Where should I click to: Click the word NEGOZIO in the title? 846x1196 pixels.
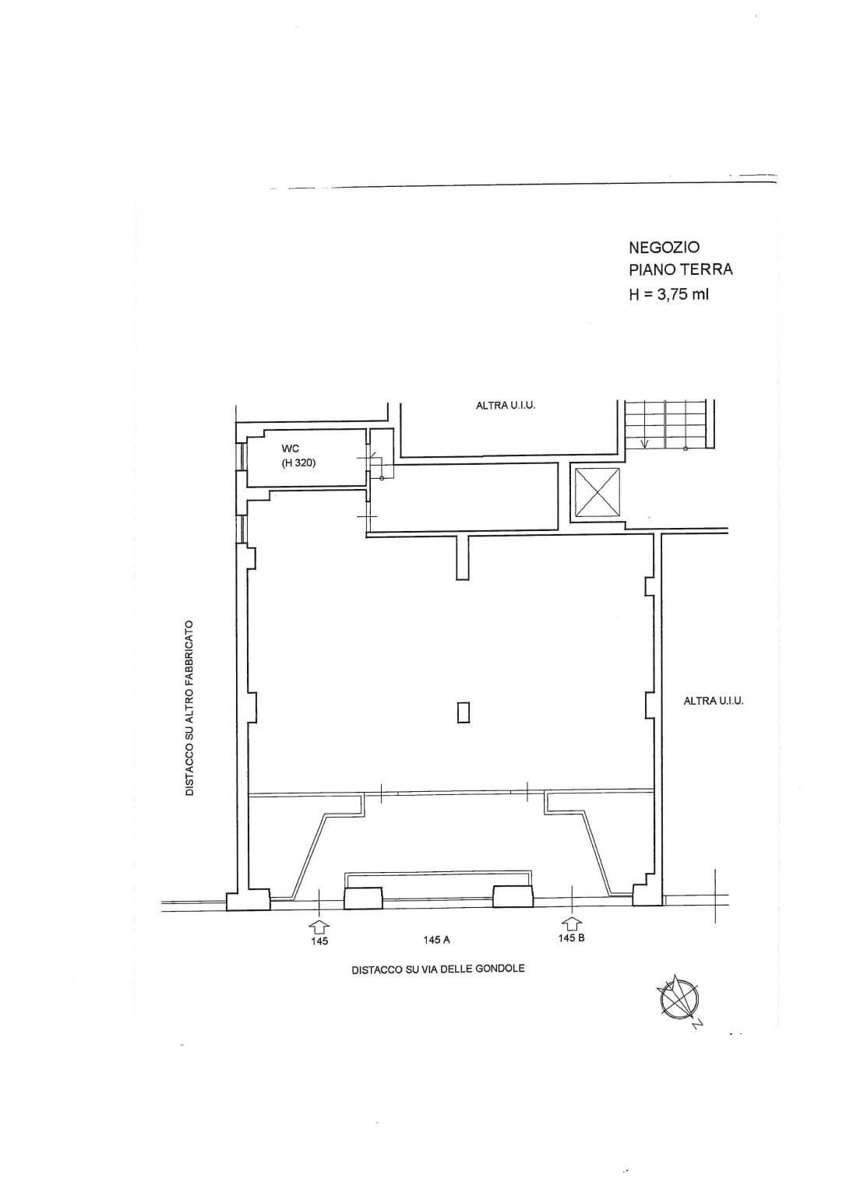click(664, 247)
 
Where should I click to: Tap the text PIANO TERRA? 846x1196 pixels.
click(680, 270)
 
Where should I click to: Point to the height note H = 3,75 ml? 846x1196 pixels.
click(668, 294)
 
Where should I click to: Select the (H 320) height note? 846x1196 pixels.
click(298, 463)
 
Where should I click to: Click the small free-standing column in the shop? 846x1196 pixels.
click(464, 712)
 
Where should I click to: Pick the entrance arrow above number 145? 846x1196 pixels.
click(319, 924)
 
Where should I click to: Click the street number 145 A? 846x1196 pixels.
click(436, 941)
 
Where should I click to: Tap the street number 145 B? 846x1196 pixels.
click(572, 937)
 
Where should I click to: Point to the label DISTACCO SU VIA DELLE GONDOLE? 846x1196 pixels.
click(438, 969)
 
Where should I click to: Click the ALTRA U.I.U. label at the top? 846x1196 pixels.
click(506, 406)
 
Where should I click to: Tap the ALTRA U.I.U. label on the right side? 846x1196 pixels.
click(714, 701)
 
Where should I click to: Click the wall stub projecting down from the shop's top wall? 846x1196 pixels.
click(462, 558)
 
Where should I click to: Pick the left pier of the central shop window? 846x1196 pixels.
click(363, 898)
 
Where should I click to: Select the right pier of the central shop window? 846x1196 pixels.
click(513, 896)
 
